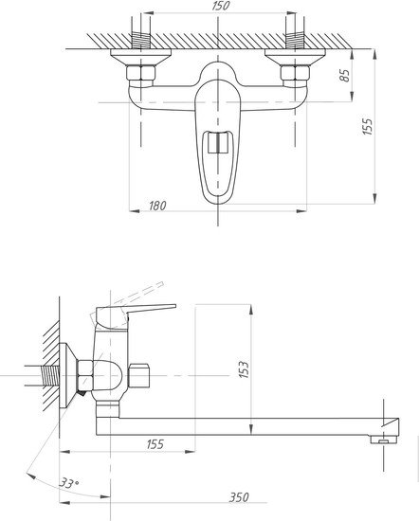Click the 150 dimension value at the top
[x=221, y=6]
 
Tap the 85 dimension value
[x=344, y=76]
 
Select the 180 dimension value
[x=157, y=206]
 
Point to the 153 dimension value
[x=244, y=369]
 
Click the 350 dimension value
[x=239, y=497]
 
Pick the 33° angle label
[x=69, y=483]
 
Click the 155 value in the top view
[x=368, y=126]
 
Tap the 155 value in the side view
[x=155, y=444]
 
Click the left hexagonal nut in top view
[x=141, y=76]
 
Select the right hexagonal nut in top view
[x=295, y=76]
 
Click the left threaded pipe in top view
[x=141, y=40]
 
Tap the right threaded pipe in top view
[x=295, y=40]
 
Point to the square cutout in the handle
[x=218, y=142]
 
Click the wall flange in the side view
[x=68, y=375]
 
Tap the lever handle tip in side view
[x=174, y=306]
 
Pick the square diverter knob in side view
[x=139, y=375]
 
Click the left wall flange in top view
[x=141, y=57]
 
